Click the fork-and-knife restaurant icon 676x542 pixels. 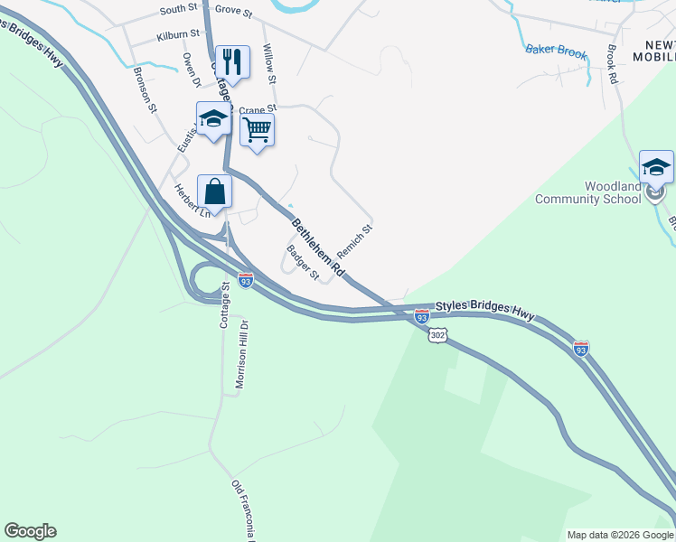pos(232,62)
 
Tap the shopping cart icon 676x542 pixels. pos(257,130)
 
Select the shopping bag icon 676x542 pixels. pos(214,192)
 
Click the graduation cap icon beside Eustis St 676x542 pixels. pos(213,118)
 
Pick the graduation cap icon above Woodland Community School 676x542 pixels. pos(656,167)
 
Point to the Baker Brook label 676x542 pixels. pos(556,52)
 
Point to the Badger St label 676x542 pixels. pos(303,262)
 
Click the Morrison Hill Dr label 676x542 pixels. pos(241,353)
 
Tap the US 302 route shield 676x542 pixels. pos(437,335)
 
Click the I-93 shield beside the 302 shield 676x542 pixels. pos(421,316)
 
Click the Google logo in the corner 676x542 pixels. pos(30,531)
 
